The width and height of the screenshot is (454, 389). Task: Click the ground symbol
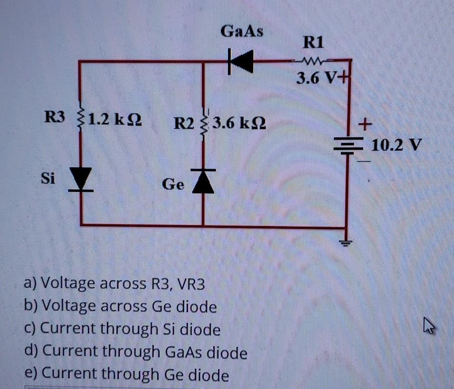point(347,243)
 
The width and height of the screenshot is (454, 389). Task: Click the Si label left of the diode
point(48,179)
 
